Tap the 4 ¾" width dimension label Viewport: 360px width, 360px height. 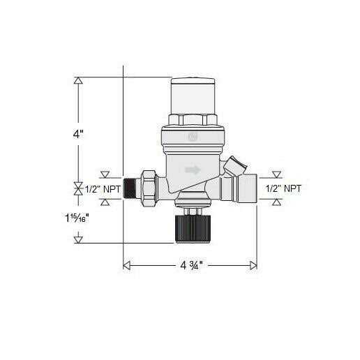[189, 266]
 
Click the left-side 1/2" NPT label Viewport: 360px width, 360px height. [101, 188]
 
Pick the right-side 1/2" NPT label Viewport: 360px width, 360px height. [284, 188]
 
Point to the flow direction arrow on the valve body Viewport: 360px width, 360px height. [193, 170]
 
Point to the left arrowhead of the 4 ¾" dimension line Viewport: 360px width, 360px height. [127, 265]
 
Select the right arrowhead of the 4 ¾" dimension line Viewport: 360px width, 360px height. [253, 265]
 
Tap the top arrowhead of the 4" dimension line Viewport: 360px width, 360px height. [79, 81]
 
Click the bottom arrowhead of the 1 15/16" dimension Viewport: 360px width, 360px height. [79, 239]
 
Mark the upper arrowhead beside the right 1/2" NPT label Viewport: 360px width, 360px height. [277, 174]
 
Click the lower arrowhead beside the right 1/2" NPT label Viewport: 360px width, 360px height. [277, 202]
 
